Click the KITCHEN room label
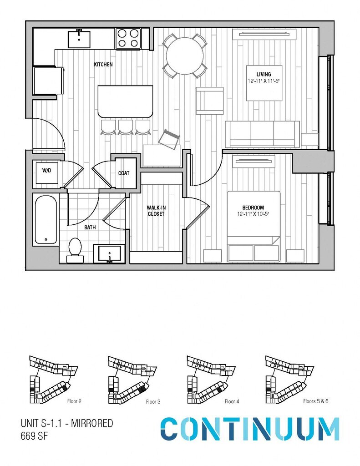[103, 65]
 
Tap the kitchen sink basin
[79, 39]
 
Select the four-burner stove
[128, 38]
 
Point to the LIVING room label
[264, 74]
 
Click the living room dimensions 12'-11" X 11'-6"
[264, 80]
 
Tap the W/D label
[46, 171]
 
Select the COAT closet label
[124, 173]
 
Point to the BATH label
[90, 227]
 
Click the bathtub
[46, 219]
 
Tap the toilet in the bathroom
[75, 250]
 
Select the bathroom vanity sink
[109, 253]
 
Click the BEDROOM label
[254, 208]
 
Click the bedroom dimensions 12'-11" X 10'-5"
[254, 213]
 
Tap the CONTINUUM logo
[250, 429]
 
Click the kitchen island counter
[125, 101]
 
